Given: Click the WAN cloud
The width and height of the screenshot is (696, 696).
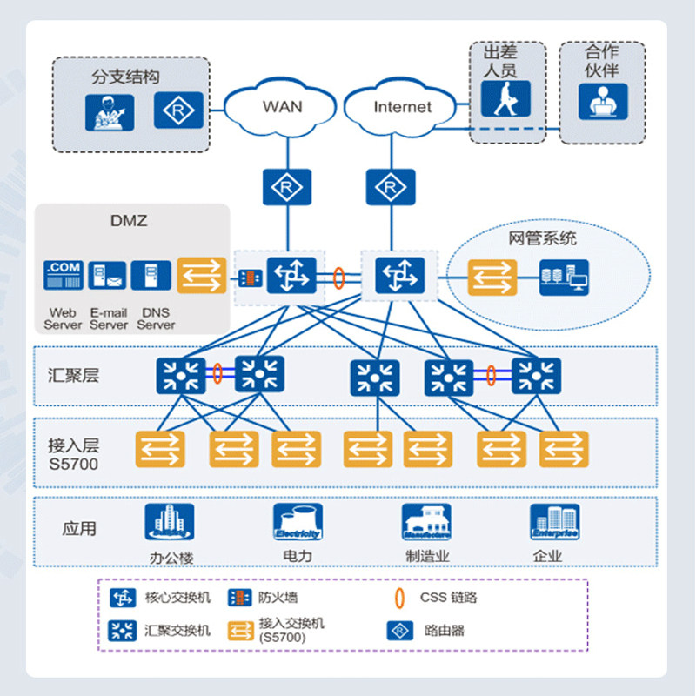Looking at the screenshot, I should click(x=281, y=108).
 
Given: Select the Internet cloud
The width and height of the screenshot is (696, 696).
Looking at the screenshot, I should click(x=401, y=108).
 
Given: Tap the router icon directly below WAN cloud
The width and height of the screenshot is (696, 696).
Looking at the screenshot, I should click(x=285, y=186).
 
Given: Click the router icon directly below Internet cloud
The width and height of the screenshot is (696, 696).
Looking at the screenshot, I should click(x=390, y=186).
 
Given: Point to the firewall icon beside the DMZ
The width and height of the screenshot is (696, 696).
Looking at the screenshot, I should click(x=250, y=278).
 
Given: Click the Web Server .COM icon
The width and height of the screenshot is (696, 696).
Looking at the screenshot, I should click(x=64, y=276).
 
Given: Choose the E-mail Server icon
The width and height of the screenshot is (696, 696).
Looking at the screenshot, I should click(x=109, y=276).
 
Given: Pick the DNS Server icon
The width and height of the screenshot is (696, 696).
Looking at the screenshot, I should click(x=151, y=276).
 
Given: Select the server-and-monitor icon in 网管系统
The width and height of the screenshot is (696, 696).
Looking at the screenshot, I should click(x=563, y=278).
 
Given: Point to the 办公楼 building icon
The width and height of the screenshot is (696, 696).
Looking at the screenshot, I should click(x=169, y=522).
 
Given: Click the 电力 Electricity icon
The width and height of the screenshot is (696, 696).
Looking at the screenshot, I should click(x=298, y=522).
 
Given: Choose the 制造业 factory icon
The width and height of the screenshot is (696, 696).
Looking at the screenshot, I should click(x=426, y=522).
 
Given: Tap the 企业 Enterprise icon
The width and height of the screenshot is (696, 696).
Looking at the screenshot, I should click(x=554, y=522).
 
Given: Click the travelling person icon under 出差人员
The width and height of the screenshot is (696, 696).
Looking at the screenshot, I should click(x=505, y=100).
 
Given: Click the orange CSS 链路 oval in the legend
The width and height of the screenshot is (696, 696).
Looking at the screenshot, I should click(x=399, y=598).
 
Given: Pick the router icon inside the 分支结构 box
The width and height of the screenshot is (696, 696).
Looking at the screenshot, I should click(x=179, y=110).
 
